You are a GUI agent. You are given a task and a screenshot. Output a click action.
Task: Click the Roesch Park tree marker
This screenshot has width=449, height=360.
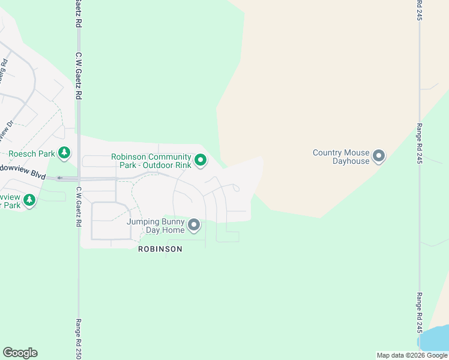point(65,154)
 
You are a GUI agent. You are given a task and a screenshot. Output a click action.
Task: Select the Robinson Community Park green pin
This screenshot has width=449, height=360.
point(202,160)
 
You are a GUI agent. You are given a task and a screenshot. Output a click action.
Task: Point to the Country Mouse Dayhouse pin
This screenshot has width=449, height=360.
point(379,157)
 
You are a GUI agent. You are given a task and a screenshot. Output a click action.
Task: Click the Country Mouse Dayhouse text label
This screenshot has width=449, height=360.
point(341,157)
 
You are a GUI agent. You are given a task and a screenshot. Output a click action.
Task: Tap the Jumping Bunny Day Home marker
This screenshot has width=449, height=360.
point(194,226)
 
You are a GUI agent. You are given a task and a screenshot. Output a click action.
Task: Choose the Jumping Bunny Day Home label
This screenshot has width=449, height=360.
point(155,226)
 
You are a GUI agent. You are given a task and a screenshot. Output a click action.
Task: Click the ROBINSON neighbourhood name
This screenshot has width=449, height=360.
point(160,249)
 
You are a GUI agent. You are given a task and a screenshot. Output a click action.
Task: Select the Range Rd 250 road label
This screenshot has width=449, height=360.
point(78,339)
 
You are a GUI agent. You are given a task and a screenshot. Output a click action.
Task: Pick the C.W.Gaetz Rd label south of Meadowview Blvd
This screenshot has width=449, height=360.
point(78,206)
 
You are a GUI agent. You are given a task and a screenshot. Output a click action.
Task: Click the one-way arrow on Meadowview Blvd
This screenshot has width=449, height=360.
point(59,178)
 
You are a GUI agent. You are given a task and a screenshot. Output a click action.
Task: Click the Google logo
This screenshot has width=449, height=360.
point(20,353)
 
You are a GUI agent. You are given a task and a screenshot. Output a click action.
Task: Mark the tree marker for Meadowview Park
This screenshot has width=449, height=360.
point(29,200)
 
